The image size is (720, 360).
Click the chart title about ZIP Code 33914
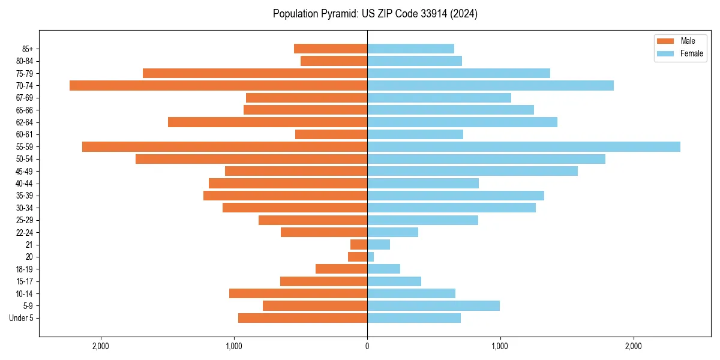coord(375,14)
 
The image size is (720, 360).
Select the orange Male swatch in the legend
coord(665,41)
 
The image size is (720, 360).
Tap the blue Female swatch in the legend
coord(665,53)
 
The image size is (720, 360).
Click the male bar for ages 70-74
coord(218,85)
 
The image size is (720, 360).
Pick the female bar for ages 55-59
coord(523,146)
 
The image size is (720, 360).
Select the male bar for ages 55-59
coord(224,146)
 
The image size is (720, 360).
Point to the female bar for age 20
coord(370,257)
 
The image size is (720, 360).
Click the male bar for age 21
coord(359,244)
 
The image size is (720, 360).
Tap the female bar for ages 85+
coord(410,49)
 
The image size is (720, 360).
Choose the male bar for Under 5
coord(302,318)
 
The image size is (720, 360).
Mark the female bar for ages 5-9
coord(433,305)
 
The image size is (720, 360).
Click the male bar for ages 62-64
coord(268,122)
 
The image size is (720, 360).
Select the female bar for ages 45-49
coord(472,171)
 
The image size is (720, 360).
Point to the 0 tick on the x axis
coord(367,346)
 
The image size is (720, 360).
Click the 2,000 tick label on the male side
coord(101,346)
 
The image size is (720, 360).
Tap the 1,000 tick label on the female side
coord(500,346)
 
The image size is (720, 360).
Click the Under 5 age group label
coord(21,318)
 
